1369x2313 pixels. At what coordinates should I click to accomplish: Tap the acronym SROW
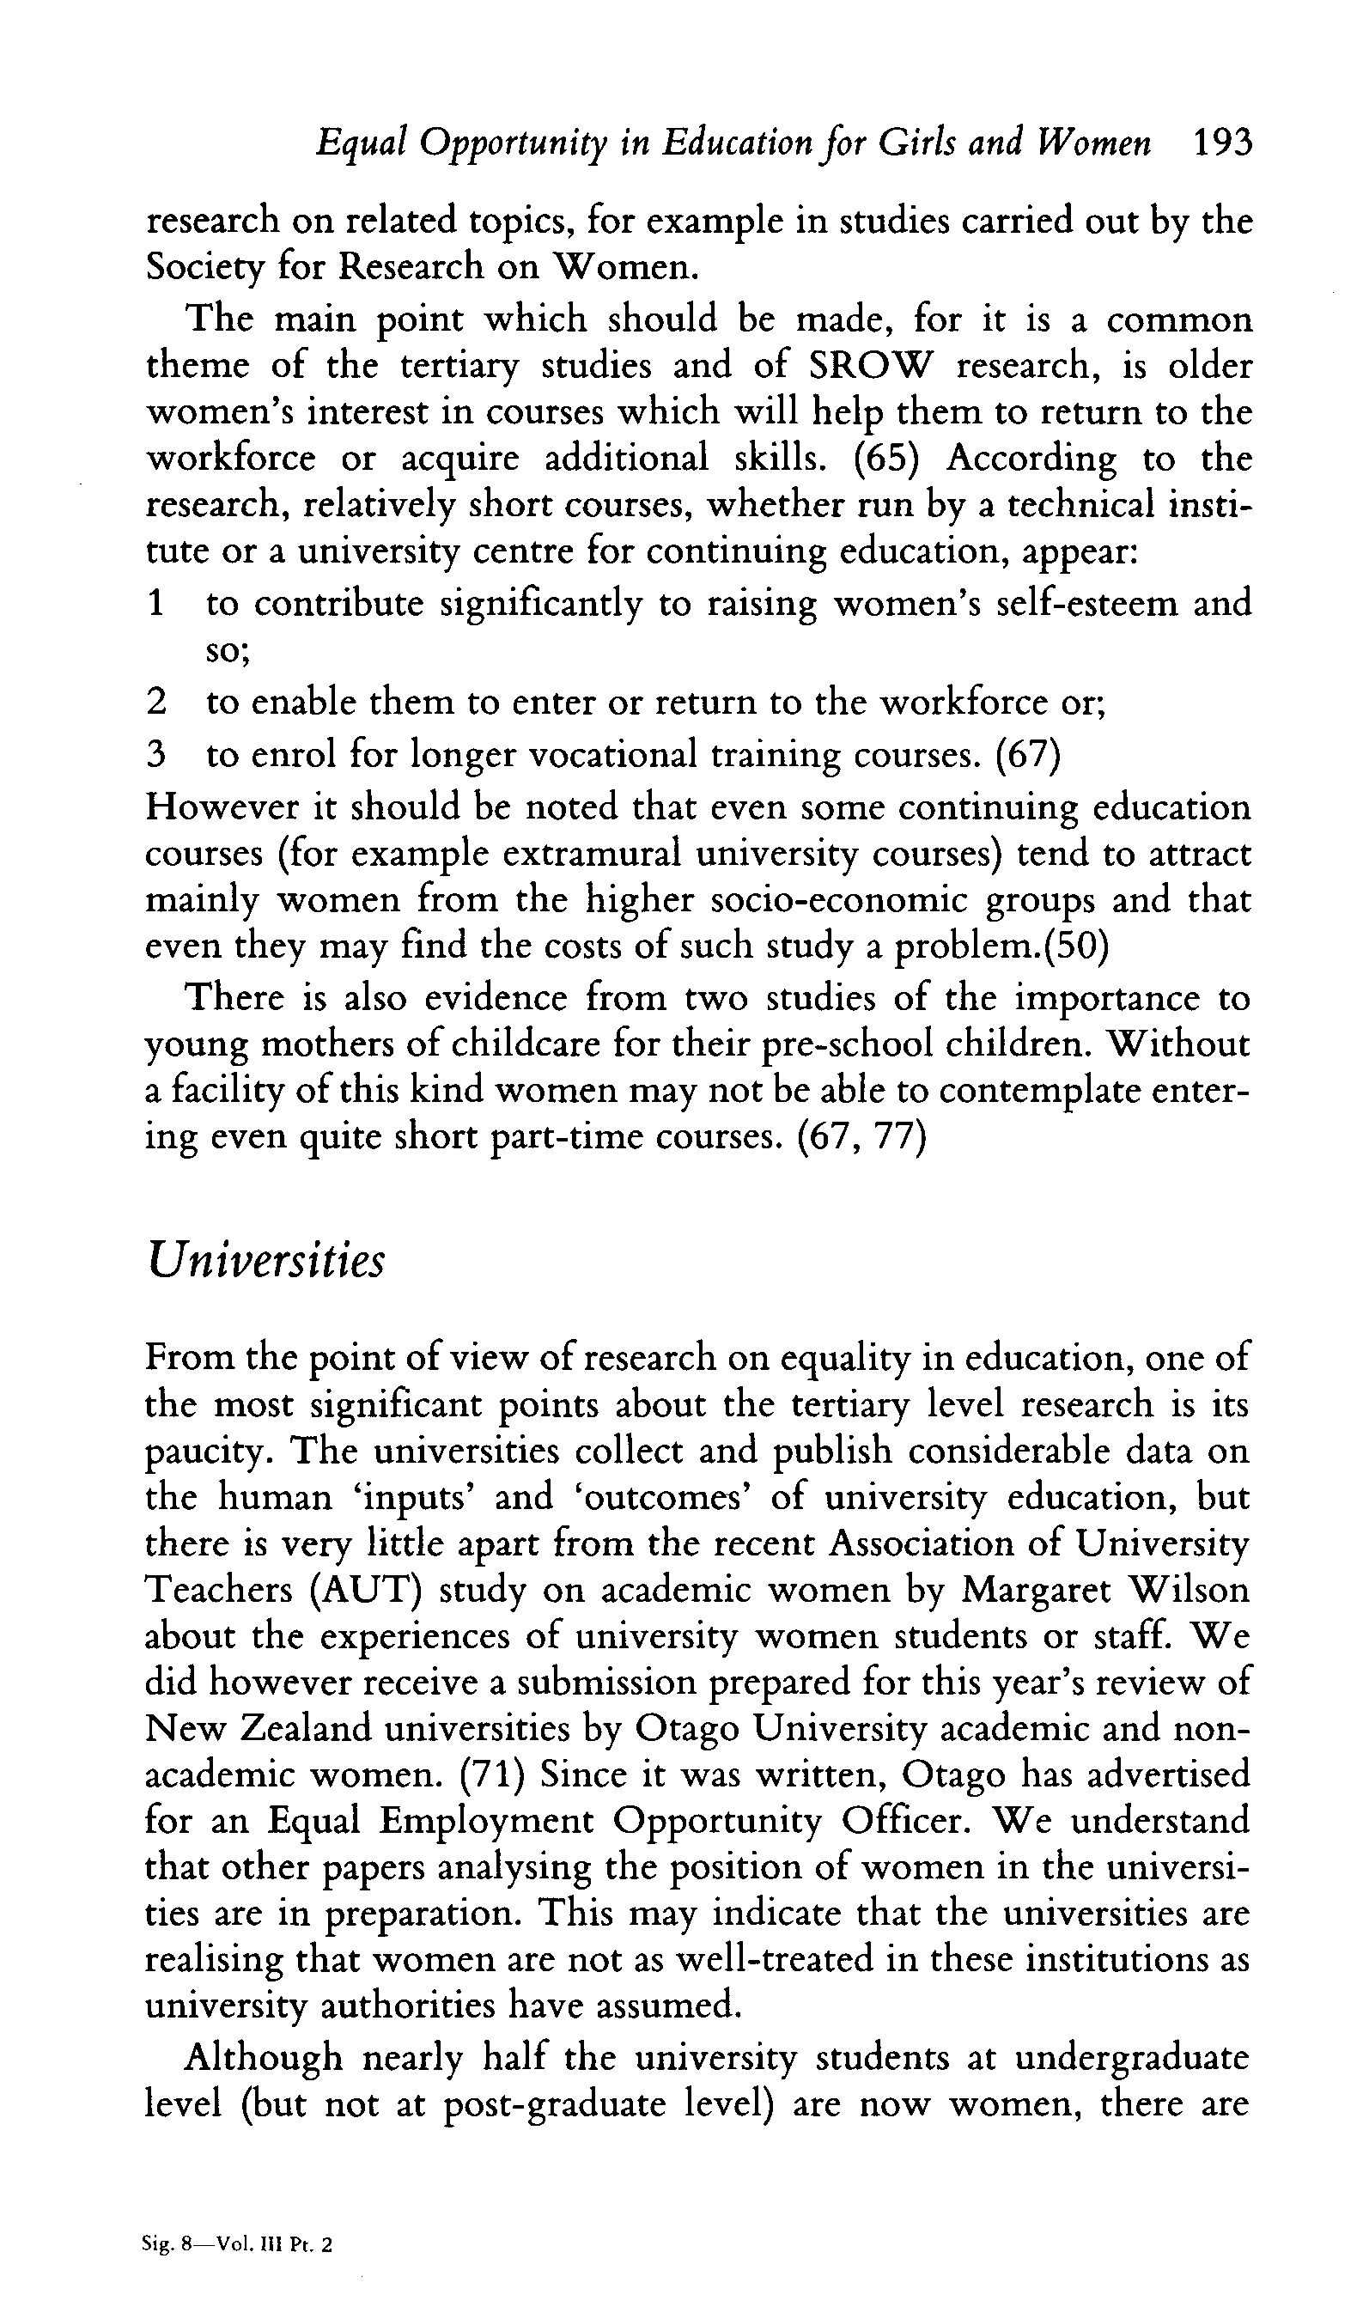coord(871,366)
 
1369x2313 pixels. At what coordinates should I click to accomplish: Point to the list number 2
coord(156,703)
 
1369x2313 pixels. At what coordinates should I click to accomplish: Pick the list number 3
coord(156,755)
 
